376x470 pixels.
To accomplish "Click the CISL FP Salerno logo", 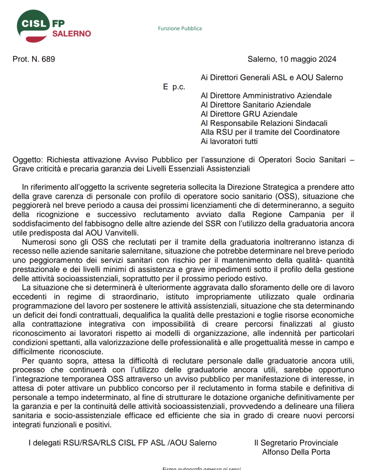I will click(53, 26).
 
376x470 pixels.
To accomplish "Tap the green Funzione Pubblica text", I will click(180, 29).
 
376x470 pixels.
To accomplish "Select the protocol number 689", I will click(48, 59).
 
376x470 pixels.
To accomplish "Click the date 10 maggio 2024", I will click(308, 59).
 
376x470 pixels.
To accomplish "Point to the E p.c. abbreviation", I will click(174, 87).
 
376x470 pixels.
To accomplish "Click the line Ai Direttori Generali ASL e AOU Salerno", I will click(272, 78).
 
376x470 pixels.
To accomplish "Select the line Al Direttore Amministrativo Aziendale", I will click(266, 96).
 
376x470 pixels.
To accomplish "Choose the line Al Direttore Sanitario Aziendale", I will click(256, 105).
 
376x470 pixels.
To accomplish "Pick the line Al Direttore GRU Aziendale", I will click(249, 114).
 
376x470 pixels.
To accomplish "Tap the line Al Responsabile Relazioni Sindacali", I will click(264, 123).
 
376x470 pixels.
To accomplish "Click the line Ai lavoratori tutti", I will click(229, 141).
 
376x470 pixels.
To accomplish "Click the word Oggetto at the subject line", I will click(28, 160).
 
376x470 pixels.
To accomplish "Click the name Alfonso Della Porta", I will click(296, 452).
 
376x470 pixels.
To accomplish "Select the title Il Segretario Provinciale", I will click(296, 443).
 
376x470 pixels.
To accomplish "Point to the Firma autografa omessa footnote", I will click(201, 468).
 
